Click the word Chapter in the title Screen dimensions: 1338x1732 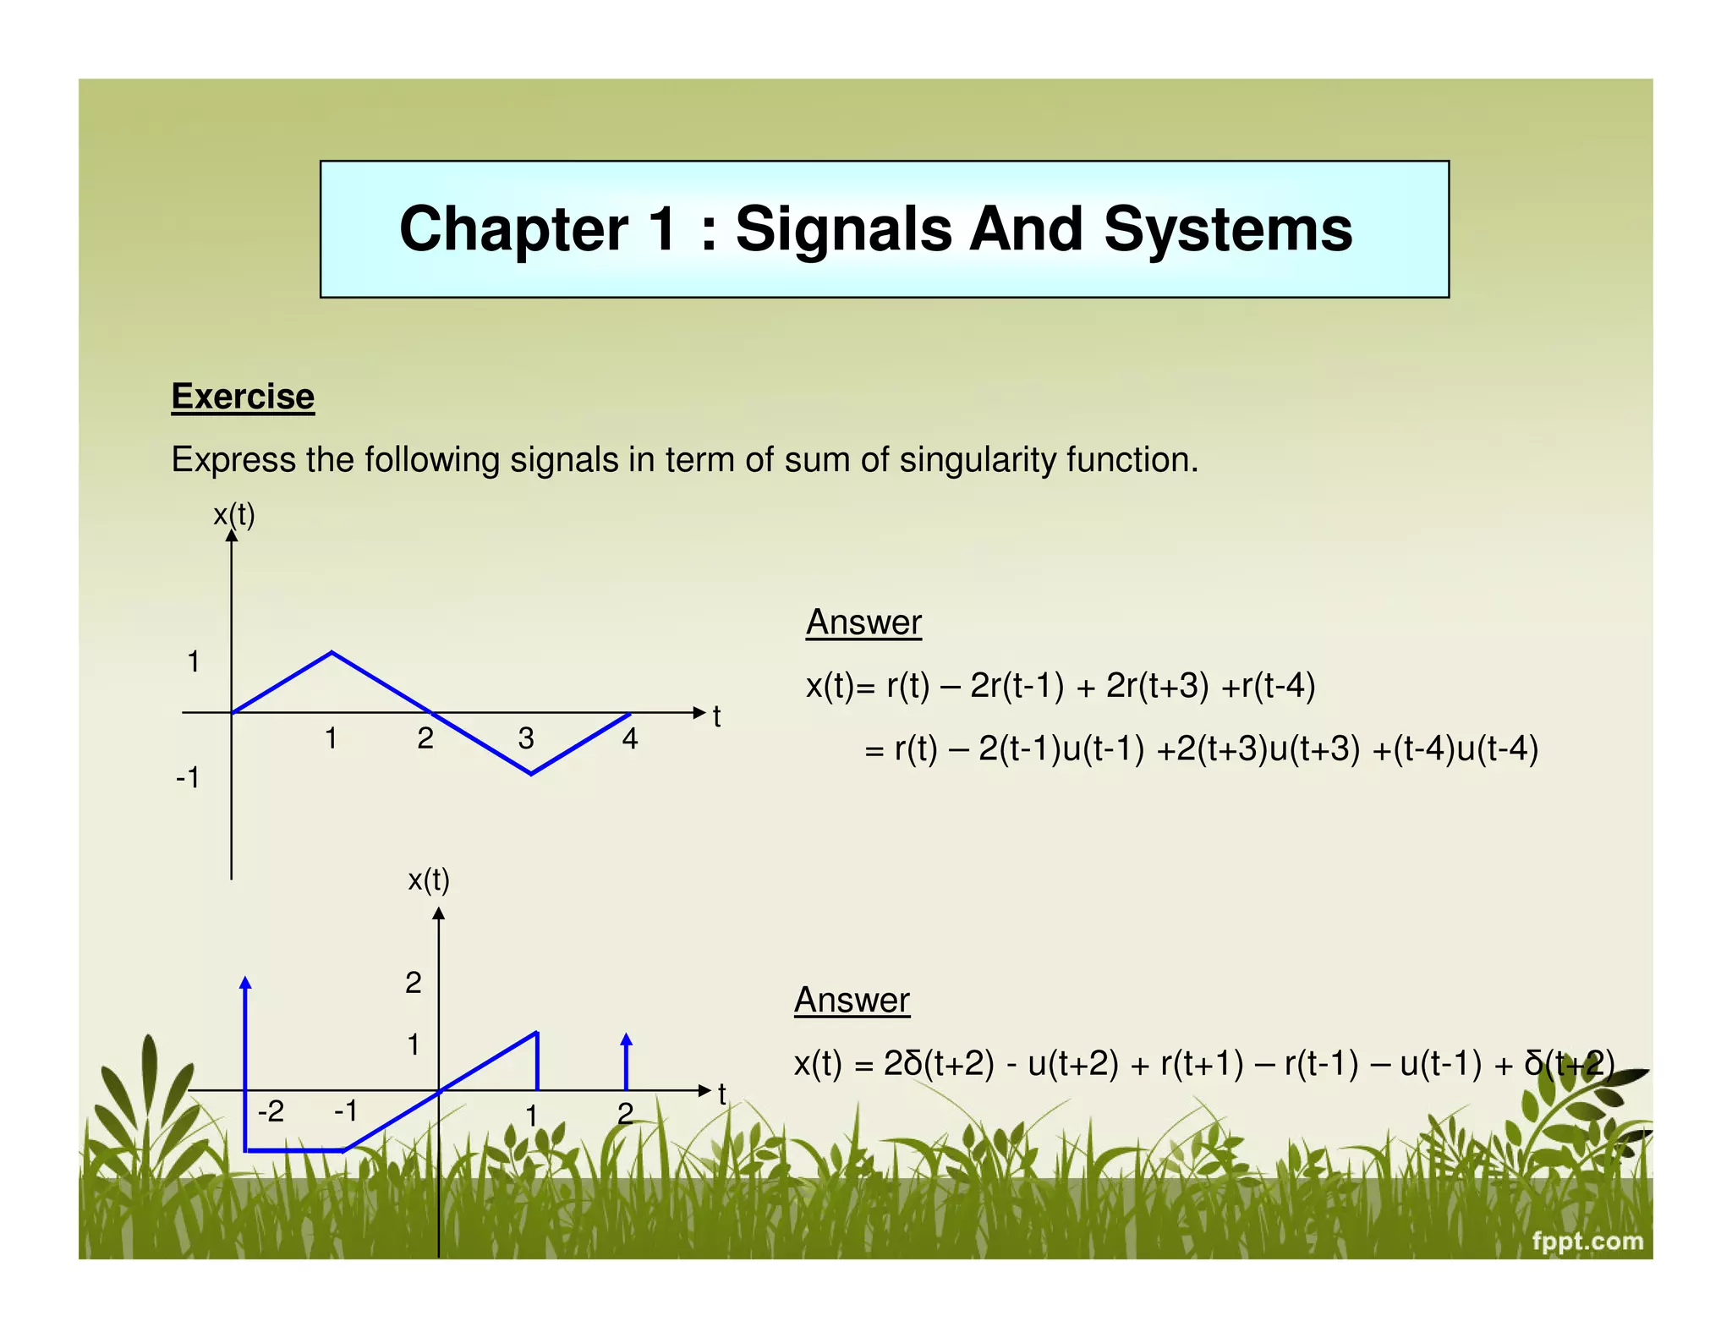[513, 229]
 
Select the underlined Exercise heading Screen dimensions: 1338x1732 [243, 396]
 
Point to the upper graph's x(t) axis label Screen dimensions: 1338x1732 [234, 514]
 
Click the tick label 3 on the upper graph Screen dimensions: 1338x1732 [526, 738]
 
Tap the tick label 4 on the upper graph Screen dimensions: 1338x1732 [629, 738]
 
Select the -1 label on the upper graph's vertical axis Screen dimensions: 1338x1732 [189, 777]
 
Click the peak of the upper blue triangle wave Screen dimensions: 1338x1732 [332, 652]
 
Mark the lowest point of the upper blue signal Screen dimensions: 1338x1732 [531, 773]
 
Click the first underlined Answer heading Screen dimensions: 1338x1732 [863, 622]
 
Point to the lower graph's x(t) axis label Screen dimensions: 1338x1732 [429, 880]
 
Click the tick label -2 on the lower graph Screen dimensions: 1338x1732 [271, 1110]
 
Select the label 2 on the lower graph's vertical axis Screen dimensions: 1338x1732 [413, 982]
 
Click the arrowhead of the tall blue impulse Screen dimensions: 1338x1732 [245, 983]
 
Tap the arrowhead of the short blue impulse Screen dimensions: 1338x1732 [626, 1039]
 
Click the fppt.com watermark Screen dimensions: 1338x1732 [1587, 1241]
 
